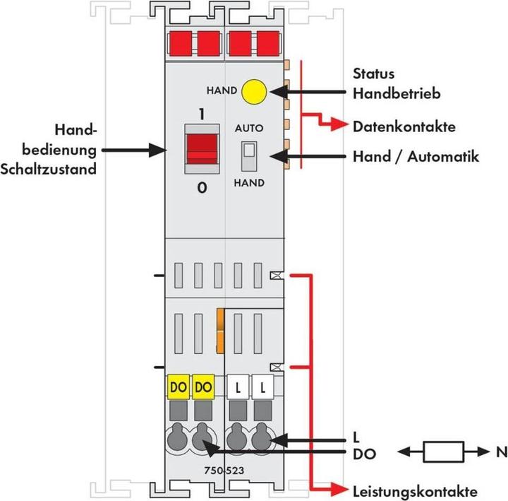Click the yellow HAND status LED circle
253,92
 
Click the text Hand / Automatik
415,156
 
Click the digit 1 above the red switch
202,114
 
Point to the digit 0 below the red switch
202,189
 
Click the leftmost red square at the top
179,45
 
